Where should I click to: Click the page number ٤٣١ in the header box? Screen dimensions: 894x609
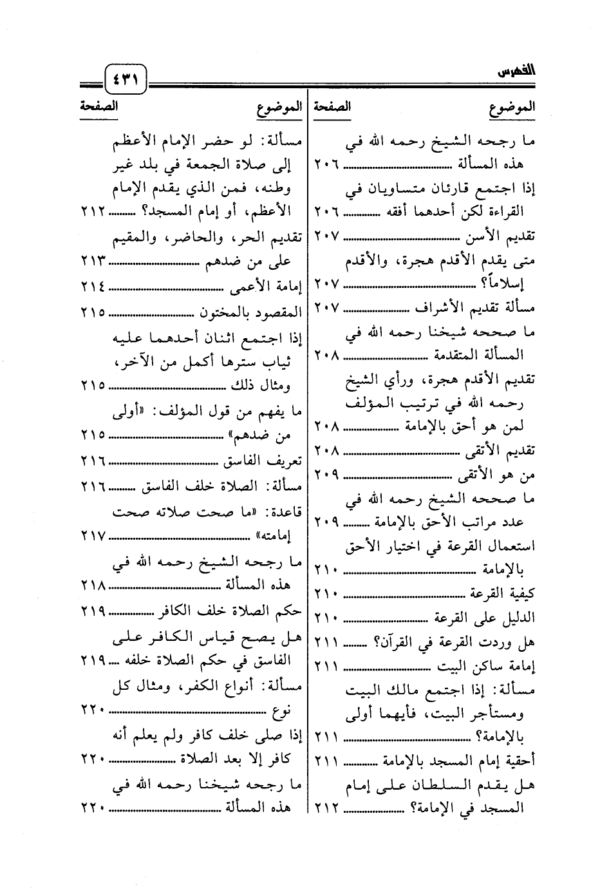click(126, 81)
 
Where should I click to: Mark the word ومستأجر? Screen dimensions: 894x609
click(502, 713)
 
